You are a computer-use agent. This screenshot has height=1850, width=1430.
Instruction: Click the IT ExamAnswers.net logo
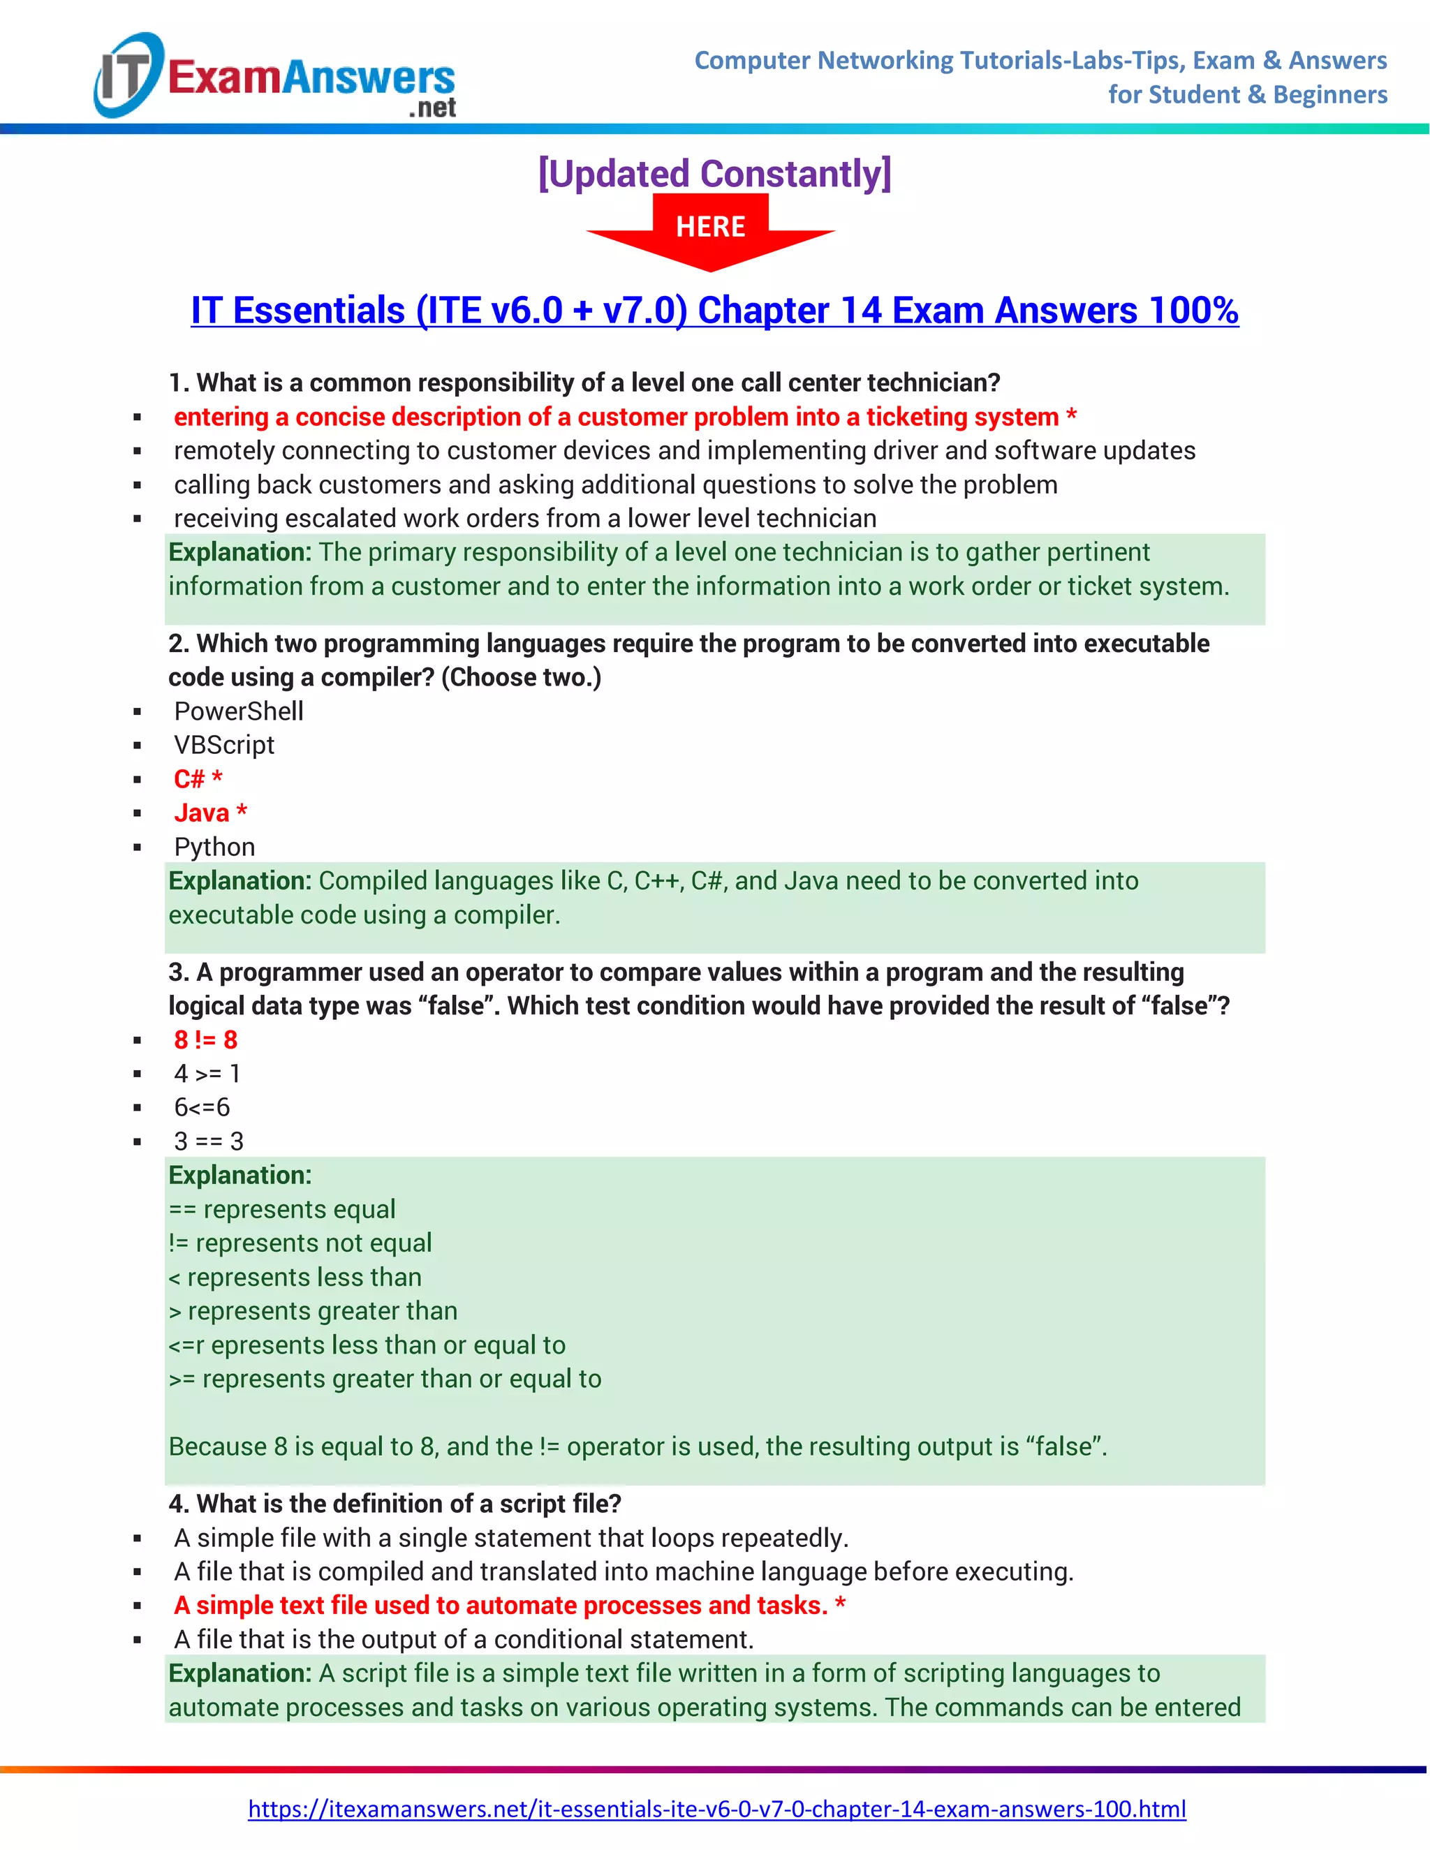click(275, 76)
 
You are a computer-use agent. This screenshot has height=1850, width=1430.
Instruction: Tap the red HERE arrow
click(711, 230)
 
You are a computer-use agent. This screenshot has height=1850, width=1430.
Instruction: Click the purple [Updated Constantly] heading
click(714, 174)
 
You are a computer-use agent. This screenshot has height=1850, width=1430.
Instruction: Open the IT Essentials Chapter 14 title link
click(714, 310)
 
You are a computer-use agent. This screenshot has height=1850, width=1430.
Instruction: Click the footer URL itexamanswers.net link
click(716, 1809)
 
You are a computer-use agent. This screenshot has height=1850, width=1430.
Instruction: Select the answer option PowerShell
click(238, 711)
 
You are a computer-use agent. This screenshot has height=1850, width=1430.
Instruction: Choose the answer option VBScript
click(223, 746)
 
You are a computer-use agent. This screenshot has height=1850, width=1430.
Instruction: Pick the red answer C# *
click(198, 779)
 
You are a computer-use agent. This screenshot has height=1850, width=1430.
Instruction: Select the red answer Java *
click(210, 813)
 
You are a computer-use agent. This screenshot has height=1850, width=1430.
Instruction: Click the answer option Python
click(214, 847)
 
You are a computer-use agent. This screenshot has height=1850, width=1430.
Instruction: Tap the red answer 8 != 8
click(205, 1040)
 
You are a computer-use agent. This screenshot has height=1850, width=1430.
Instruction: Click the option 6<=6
click(202, 1108)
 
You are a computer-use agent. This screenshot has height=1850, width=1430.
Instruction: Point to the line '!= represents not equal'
click(300, 1243)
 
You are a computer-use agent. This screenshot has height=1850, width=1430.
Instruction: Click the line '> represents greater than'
click(313, 1311)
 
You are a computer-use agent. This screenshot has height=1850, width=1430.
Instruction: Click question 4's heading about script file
click(395, 1504)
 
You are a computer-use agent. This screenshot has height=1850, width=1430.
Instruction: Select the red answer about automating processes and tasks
click(509, 1605)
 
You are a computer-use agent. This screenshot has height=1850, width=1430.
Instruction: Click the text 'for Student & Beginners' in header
click(1247, 95)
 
